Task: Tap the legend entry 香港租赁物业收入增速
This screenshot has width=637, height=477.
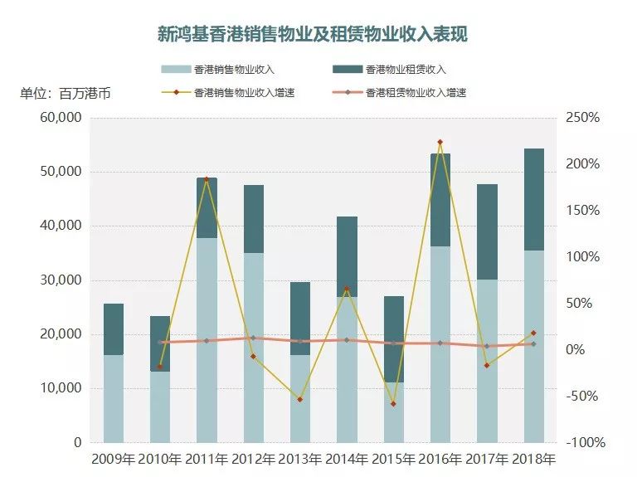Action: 416,92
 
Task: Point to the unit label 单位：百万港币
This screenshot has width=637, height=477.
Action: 66,93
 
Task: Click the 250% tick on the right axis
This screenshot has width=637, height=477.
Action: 581,118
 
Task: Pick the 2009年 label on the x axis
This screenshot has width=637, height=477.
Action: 114,459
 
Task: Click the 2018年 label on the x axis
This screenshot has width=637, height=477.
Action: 533,459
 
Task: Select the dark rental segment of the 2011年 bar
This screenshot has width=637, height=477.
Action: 207,207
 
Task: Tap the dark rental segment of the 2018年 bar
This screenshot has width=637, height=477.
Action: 533,199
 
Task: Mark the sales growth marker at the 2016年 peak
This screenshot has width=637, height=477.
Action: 440,142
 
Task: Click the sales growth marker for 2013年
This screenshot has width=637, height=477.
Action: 299,399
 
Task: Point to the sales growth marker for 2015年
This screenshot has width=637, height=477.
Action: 393,404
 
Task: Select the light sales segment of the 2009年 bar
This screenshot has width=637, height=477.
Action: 114,398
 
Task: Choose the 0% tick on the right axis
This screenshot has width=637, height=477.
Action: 576,350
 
